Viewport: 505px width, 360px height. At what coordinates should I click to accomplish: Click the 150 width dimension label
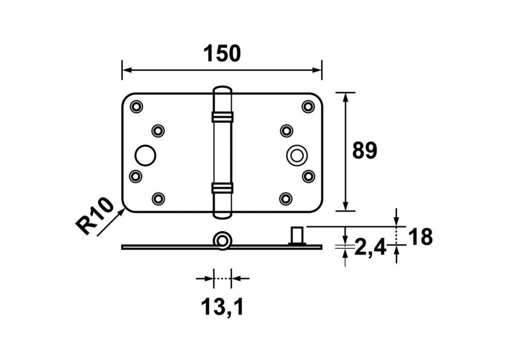tap(222, 53)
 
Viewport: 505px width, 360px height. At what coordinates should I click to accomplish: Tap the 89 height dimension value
tap(365, 151)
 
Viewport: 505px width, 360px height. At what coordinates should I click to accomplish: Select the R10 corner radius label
tap(95, 215)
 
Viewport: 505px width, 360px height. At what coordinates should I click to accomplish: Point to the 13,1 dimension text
tap(222, 308)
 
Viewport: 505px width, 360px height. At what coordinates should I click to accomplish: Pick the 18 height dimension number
tap(420, 237)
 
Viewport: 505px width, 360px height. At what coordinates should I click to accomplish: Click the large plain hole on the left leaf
tap(144, 155)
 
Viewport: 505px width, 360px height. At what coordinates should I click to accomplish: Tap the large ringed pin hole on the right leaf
tap(296, 155)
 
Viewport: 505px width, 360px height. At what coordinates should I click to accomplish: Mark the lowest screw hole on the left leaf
tap(158, 198)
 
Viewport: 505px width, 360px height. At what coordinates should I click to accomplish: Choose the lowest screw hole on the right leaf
tap(286, 198)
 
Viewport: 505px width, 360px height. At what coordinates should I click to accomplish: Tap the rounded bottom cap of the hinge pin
tap(222, 212)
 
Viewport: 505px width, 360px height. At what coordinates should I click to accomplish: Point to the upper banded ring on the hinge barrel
tap(222, 116)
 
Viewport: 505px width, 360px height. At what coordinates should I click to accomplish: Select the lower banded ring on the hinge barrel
tap(222, 188)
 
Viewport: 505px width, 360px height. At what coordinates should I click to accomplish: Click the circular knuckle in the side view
tap(222, 240)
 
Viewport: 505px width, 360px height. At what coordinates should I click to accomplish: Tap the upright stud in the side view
tap(297, 235)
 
